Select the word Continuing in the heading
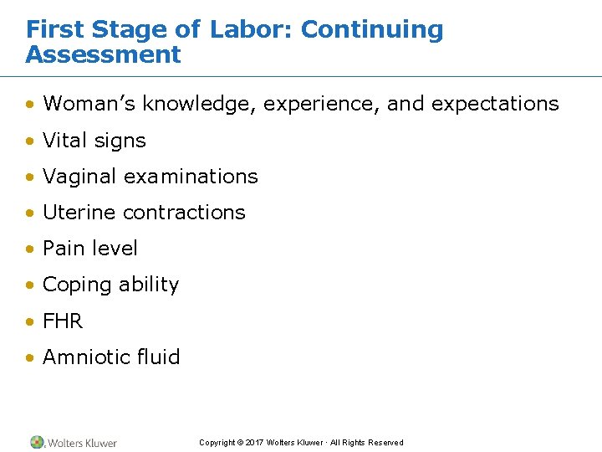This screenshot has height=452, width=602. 372,29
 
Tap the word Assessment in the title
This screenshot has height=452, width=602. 103,55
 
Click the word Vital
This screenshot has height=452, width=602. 65,141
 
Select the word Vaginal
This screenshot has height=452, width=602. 79,177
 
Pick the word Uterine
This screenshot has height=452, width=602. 79,213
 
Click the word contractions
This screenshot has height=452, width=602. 184,213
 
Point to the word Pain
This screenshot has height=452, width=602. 60,249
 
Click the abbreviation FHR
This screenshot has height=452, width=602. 63,321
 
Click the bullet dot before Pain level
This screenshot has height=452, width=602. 30,249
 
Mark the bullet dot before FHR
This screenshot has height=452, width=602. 30,321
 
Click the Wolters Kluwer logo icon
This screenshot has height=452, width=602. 37,442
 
